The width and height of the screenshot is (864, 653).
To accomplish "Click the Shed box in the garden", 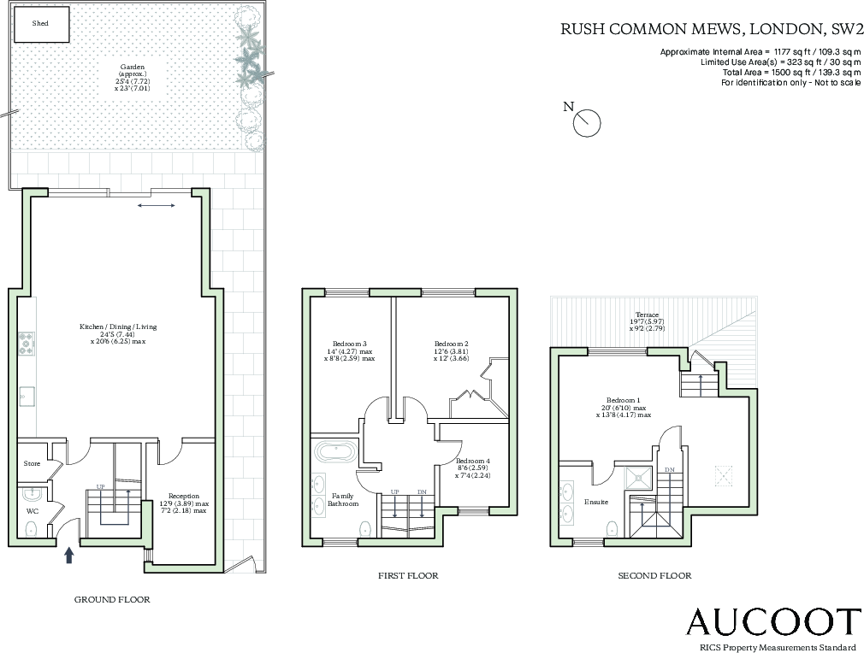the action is point(40,25).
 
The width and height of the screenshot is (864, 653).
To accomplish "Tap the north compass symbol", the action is point(587,122).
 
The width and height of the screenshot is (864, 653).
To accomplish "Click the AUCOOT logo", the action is point(772,622).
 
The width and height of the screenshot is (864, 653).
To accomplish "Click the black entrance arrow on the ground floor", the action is point(69,556).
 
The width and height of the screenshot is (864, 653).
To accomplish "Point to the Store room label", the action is point(32,463).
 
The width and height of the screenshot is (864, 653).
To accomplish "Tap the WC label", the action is point(33,511).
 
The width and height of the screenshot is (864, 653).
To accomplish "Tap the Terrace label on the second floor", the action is point(647,315).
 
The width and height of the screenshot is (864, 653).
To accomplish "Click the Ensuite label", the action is point(596,502).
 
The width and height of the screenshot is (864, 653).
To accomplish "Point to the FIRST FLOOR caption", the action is point(408,576).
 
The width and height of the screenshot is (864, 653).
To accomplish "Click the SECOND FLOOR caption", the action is point(654,576).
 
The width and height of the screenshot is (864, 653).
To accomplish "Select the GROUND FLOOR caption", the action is point(112,600).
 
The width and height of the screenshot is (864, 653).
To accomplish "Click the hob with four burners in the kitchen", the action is point(26,344).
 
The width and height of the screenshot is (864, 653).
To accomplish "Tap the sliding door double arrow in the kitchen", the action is point(157,205).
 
